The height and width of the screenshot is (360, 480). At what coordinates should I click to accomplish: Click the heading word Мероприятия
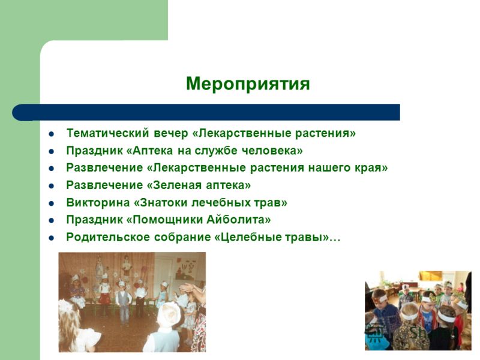coord(248,84)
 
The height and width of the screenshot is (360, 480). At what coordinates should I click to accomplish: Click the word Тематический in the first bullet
coord(108,133)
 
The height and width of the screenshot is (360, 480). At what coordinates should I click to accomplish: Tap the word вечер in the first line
coord(171,133)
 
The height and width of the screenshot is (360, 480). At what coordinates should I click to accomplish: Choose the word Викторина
coord(98,203)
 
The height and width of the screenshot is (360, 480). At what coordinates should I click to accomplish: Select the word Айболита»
coord(239,220)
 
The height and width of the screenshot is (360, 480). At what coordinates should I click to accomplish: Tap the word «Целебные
coord(248,237)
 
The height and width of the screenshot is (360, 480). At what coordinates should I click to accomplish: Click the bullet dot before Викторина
coord(52,203)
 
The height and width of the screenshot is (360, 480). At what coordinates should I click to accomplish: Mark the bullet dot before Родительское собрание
coord(52,238)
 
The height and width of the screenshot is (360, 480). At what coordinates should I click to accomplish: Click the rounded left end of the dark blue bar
coord(16,112)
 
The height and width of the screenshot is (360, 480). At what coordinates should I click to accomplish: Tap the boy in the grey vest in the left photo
coord(124,303)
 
